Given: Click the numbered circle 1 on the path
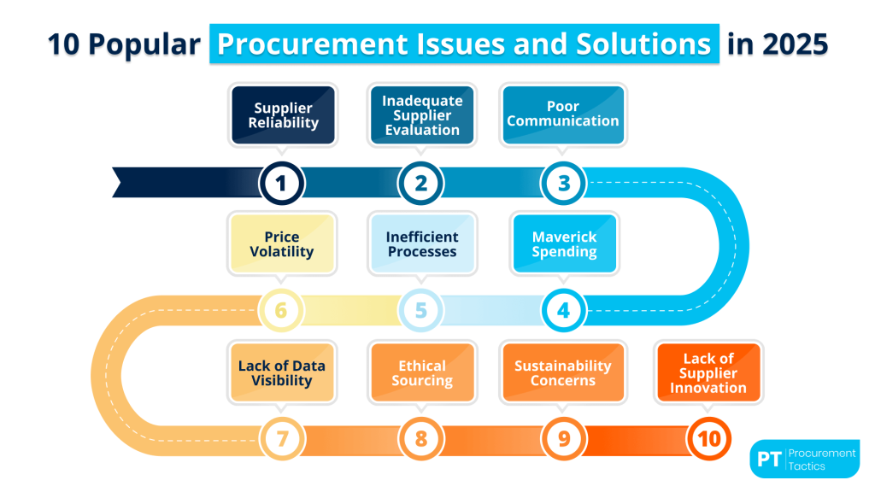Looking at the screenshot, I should coord(280,182).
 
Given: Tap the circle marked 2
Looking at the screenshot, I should coord(421,182).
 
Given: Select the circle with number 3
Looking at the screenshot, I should coord(563,182).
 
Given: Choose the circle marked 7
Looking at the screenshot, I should coord(280,439).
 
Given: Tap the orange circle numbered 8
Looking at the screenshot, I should coord(421,439).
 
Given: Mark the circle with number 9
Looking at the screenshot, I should coord(563,439).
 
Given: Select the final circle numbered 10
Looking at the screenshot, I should coord(708,439).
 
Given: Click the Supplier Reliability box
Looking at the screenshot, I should coord(284,115).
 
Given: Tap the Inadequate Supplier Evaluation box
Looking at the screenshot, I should coord(422,115).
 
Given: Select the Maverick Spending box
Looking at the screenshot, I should coord(564,244).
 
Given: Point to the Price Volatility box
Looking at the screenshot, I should coord(282,244).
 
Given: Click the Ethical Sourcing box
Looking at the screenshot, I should coord(422,373).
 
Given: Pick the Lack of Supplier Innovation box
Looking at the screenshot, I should coord(708,373).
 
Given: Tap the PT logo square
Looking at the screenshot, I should coord(768,460).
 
